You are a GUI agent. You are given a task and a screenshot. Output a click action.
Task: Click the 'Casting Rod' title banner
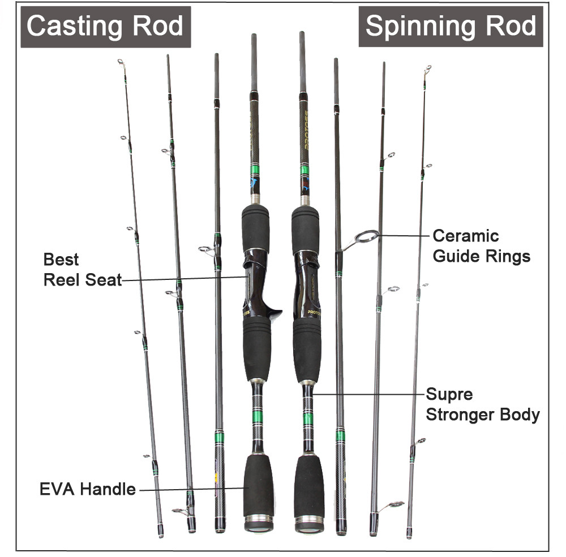click(105, 27)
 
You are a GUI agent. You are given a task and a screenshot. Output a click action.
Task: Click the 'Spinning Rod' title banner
click(451, 27)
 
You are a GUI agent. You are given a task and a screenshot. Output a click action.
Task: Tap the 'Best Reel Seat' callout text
click(83, 270)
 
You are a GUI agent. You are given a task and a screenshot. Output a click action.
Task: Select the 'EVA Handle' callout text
click(88, 489)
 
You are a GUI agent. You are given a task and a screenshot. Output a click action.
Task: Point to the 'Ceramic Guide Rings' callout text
click(481, 246)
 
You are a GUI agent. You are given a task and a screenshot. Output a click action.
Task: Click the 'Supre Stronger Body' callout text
click(483, 404)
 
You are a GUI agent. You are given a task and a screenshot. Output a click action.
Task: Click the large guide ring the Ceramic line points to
click(366, 238)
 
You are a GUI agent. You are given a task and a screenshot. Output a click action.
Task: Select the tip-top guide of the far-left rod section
click(122, 63)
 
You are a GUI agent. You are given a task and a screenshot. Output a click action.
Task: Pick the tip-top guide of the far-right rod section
click(427, 69)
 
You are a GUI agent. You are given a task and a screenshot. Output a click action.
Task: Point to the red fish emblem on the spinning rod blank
click(306, 183)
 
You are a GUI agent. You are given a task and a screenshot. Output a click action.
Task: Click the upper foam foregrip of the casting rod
click(256, 228)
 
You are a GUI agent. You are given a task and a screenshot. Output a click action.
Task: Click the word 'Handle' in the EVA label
click(108, 489)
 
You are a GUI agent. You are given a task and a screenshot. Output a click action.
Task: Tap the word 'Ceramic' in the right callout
click(466, 236)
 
